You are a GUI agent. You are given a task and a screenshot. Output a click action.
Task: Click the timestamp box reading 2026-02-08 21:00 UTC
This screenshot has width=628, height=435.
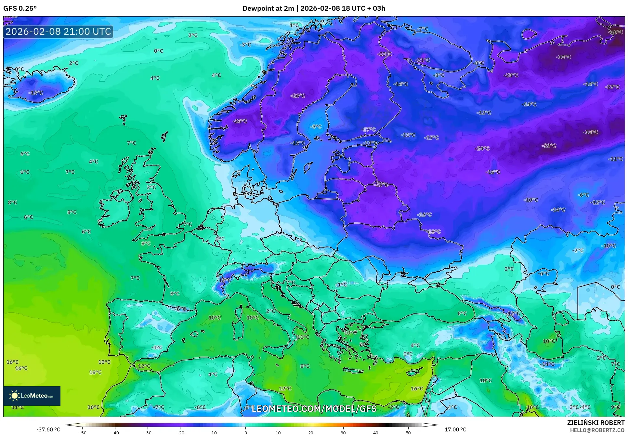(58, 32)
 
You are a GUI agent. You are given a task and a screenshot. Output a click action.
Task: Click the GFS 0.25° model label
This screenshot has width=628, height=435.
(20, 8)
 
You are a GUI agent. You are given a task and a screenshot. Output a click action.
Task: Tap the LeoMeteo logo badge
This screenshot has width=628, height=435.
(32, 396)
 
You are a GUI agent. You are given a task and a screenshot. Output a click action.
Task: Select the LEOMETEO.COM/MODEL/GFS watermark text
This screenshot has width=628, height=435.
(314, 409)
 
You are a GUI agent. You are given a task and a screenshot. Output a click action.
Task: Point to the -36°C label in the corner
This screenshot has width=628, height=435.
(615, 32)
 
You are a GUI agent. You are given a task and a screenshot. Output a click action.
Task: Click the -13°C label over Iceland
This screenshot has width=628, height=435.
(36, 93)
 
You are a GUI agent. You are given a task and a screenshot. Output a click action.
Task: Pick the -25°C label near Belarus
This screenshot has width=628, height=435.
(382, 184)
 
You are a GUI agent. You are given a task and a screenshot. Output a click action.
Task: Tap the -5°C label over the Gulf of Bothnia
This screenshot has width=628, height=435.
(316, 126)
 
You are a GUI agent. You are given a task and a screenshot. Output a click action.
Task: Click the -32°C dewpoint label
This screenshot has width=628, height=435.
(549, 146)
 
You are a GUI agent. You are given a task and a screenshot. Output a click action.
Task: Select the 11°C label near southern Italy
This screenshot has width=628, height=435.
(303, 337)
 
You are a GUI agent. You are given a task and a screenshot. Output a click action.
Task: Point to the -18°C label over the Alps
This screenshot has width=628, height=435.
(224, 280)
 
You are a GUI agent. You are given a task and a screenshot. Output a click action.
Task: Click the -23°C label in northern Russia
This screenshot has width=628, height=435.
(384, 54)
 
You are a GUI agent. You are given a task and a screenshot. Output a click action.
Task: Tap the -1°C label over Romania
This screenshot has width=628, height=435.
(341, 284)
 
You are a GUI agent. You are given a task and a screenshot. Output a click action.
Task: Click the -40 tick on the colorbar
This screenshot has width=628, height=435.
(115, 432)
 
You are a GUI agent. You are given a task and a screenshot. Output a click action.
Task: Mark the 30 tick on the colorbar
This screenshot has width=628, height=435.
(343, 432)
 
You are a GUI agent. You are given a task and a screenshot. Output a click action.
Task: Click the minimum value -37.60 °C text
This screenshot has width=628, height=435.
(48, 429)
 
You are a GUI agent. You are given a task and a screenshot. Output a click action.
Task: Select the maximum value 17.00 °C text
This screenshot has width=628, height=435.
(455, 429)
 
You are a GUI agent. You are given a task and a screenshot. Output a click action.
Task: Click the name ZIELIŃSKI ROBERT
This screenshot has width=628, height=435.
(595, 423)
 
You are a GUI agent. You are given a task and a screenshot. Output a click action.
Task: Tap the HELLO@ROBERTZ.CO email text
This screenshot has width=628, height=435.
(597, 430)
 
